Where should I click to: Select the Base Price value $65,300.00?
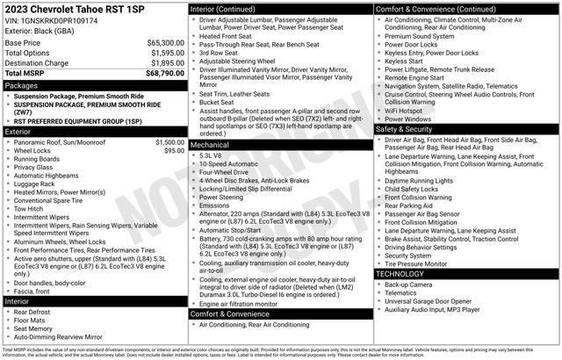pyautogui.click(x=165, y=42)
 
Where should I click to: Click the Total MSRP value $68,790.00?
pyautogui.click(x=165, y=74)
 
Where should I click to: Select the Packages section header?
pyautogui.click(x=21, y=86)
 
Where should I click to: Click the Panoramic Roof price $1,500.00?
pyautogui.click(x=169, y=142)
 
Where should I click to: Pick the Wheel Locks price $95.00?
pyautogui.click(x=174, y=151)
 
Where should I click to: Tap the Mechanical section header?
pyautogui.click(x=209, y=145)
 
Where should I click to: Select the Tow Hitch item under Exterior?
pyautogui.click(x=29, y=209)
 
